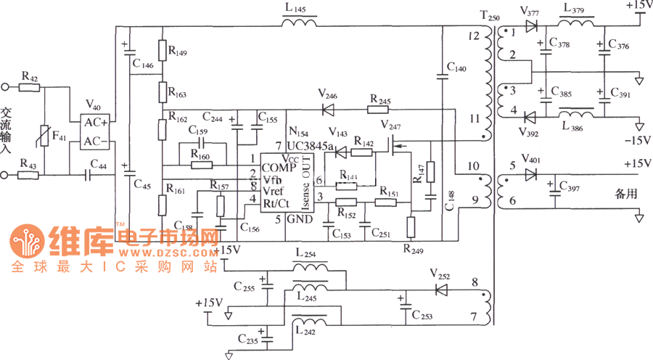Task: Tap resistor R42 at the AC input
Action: pyautogui.click(x=30, y=87)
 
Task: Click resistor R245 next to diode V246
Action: pyautogui.click(x=378, y=110)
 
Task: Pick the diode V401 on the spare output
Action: pyautogui.click(x=531, y=173)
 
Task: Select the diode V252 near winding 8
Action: pyautogui.click(x=441, y=290)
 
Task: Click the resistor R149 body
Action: pyautogui.click(x=163, y=52)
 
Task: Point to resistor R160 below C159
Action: pyautogui.click(x=202, y=165)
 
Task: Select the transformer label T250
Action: pyautogui.click(x=490, y=15)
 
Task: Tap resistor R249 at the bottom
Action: pyautogui.click(x=410, y=227)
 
